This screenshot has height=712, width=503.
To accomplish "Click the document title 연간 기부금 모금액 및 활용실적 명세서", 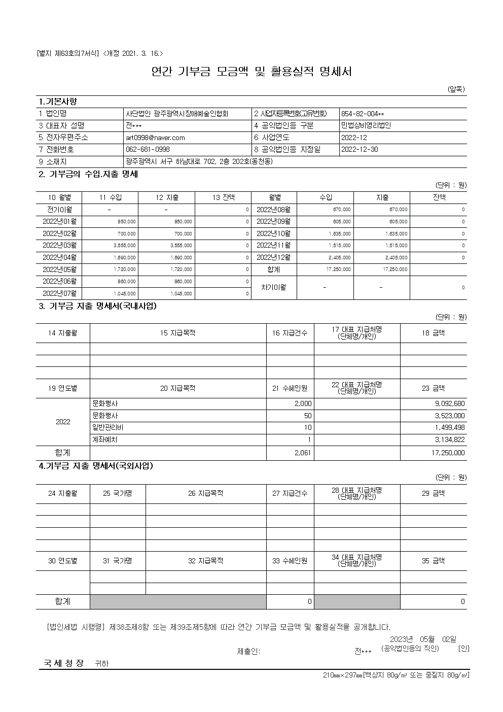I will click(x=251, y=72).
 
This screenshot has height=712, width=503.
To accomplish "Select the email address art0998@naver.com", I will click(x=155, y=138).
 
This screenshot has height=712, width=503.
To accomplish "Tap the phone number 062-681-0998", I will click(x=148, y=150).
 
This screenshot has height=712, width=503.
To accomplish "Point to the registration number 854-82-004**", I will click(x=363, y=114).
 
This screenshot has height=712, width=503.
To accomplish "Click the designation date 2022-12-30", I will click(x=360, y=150).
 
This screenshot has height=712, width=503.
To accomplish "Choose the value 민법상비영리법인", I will click(x=366, y=126).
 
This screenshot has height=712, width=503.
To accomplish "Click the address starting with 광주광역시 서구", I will click(x=199, y=162).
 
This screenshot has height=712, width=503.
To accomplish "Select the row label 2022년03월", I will click(x=59, y=246).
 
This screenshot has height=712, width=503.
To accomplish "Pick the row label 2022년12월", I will click(x=274, y=258).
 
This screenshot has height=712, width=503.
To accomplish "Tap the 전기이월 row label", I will click(x=59, y=210).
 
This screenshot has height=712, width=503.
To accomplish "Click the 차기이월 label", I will click(x=274, y=287).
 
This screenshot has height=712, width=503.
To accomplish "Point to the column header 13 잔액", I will click(x=224, y=197).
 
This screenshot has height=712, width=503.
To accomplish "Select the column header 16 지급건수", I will click(x=290, y=333).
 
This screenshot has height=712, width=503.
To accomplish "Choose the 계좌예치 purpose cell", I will click(x=105, y=440).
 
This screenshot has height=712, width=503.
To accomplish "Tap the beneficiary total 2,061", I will click(x=303, y=453).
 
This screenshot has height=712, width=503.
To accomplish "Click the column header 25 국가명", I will click(x=117, y=493).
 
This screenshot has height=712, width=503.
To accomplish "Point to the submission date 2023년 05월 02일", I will click(x=423, y=639).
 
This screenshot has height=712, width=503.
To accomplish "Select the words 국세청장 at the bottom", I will click(x=63, y=663).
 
